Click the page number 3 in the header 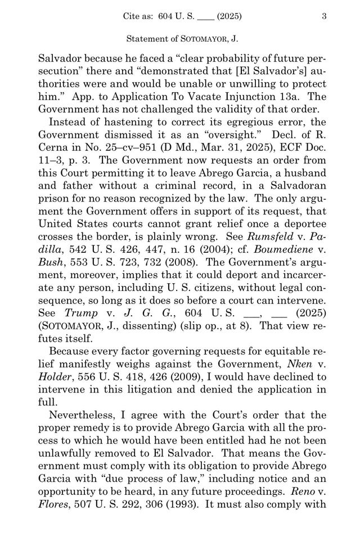(324, 17)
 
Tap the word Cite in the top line (132, 17)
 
